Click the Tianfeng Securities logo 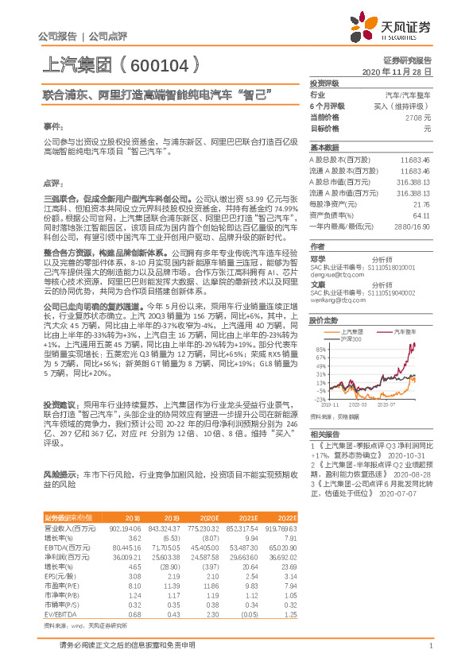[x=397, y=27]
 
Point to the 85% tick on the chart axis [x=320, y=348]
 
